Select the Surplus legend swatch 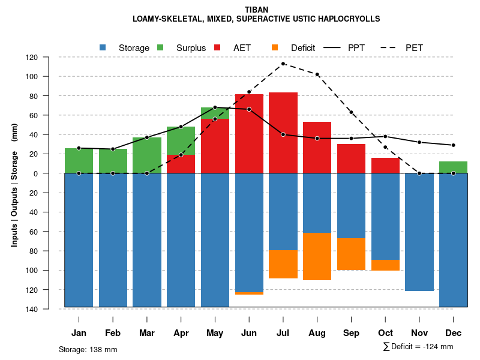(160, 47)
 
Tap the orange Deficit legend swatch (275, 47)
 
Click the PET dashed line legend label (415, 47)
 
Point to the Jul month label (283, 333)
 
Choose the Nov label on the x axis (419, 333)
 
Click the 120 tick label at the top (49, 58)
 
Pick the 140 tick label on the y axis (49, 309)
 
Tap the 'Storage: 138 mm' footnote (88, 349)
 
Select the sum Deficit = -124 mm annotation (418, 347)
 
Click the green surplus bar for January (79, 160)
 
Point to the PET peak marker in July (283, 64)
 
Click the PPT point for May (215, 107)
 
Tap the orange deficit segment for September (352, 254)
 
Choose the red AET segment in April (181, 164)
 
